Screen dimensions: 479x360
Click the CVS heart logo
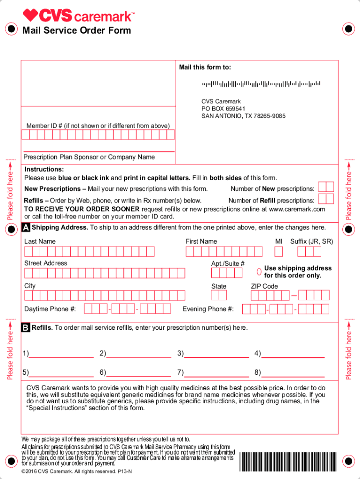coord(30,16)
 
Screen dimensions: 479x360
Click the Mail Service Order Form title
coord(77,31)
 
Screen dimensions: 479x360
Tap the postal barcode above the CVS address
coord(261,84)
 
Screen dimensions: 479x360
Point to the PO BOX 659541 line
coord(223,109)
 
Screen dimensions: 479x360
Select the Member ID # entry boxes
coord(98,135)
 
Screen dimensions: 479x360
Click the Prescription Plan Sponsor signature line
coord(98,152)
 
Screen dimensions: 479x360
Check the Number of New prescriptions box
coord(325,188)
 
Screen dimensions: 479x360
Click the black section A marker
coord(26,228)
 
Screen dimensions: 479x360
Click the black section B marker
coord(26,328)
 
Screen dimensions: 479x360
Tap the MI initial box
coord(279,252)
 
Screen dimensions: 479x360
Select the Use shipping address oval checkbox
coord(259,272)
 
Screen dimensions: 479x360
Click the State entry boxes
coord(218,295)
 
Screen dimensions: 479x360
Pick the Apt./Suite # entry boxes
coord(227,273)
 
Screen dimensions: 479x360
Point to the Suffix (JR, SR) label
coord(311,241)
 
